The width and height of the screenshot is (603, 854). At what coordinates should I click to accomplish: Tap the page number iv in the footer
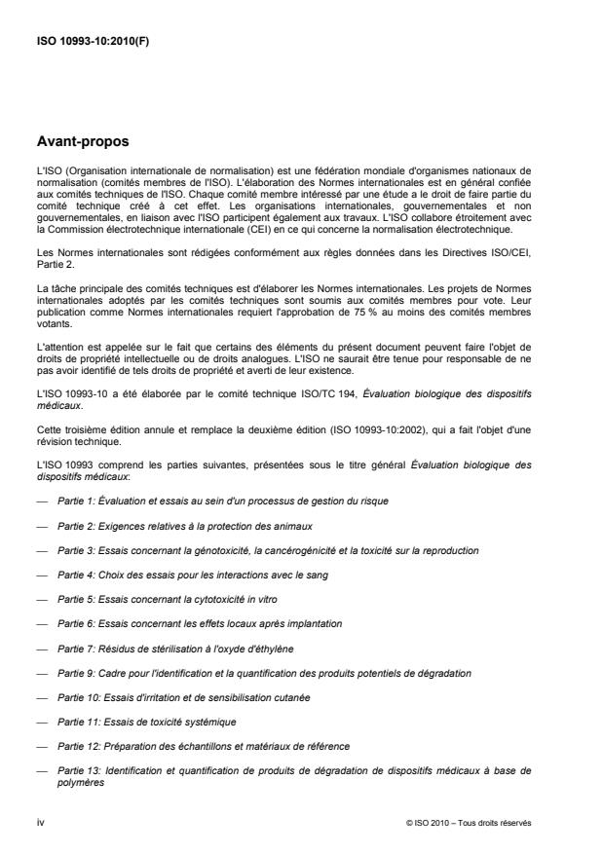click(x=40, y=822)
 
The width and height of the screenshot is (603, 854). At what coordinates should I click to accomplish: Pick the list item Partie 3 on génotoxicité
click(x=257, y=549)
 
